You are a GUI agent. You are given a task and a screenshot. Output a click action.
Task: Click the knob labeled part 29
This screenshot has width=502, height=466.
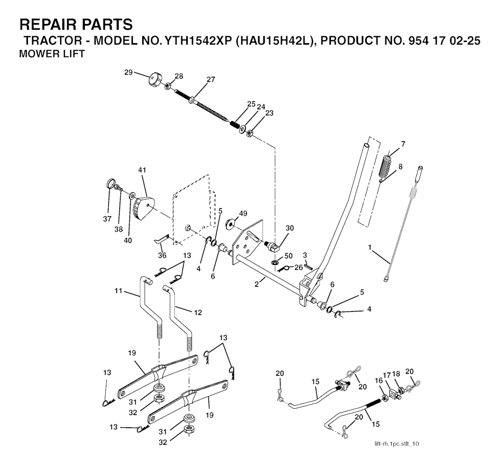155,78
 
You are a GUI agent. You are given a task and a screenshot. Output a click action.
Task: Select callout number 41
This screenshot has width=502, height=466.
142,170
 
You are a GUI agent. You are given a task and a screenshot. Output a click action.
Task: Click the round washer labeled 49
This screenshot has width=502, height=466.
229,225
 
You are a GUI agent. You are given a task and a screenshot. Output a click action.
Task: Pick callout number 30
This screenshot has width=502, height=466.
290,228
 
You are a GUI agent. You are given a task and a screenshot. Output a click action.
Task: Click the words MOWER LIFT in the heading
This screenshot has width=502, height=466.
51,54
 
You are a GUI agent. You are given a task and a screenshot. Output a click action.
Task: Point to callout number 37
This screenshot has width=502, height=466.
107,219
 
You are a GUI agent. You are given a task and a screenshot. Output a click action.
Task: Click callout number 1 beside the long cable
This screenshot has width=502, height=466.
370,248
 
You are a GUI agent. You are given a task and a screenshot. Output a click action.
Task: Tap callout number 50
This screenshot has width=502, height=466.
288,257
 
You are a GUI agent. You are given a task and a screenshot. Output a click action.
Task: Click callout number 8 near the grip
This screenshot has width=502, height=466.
401,166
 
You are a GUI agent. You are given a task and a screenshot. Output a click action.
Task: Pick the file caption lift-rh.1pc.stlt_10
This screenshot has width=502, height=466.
397,444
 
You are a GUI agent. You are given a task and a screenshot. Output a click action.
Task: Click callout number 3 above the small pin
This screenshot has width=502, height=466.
304,255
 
